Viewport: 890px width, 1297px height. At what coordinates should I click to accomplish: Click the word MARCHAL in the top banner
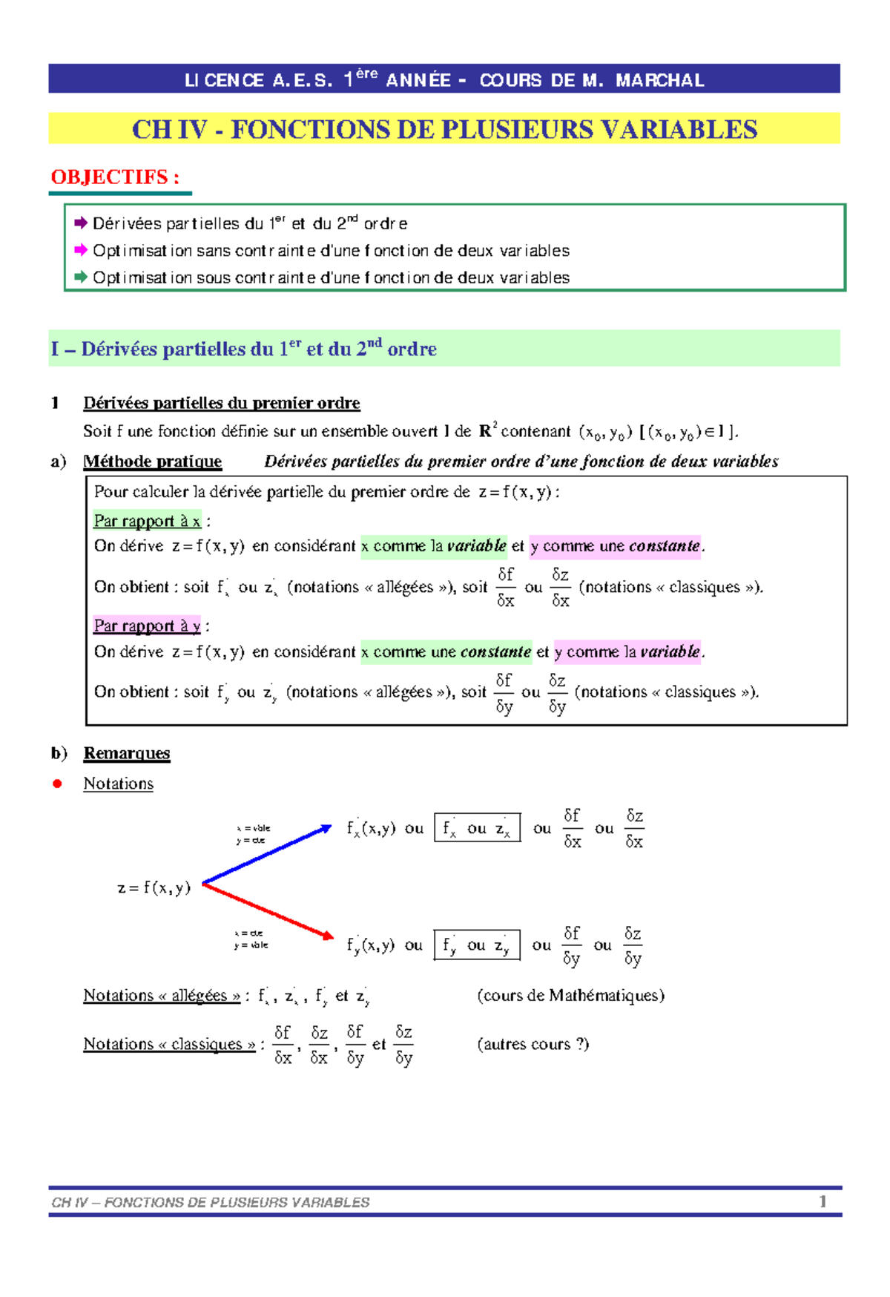coord(659,80)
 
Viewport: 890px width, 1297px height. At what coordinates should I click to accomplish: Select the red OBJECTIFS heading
coord(115,177)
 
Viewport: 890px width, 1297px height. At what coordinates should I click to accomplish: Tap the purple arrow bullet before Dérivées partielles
coord(81,223)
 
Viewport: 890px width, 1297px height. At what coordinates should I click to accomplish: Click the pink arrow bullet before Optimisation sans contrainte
coord(81,250)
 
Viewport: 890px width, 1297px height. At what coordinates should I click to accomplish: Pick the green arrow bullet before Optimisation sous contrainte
coord(81,277)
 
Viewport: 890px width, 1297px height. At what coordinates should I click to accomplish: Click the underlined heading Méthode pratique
coord(152,462)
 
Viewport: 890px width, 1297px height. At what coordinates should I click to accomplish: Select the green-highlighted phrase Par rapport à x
coord(147,521)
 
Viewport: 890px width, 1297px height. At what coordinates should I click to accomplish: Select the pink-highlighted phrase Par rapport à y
coord(147,625)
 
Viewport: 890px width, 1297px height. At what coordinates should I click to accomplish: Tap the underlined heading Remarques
coord(127,753)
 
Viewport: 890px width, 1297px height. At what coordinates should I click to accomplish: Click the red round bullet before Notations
coord(57,784)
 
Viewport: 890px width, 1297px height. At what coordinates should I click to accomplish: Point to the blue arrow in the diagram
coord(267,855)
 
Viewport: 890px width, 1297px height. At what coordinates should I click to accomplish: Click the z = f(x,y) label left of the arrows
coord(154,887)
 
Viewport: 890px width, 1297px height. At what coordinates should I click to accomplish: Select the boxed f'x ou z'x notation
coord(477,828)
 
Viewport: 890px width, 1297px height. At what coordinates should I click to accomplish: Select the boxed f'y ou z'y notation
coord(476,945)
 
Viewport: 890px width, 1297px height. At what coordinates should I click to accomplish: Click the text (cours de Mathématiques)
coord(570,996)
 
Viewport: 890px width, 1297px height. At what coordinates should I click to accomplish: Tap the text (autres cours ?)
coord(533,1044)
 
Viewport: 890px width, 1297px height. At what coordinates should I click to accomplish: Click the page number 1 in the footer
coord(823,1201)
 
